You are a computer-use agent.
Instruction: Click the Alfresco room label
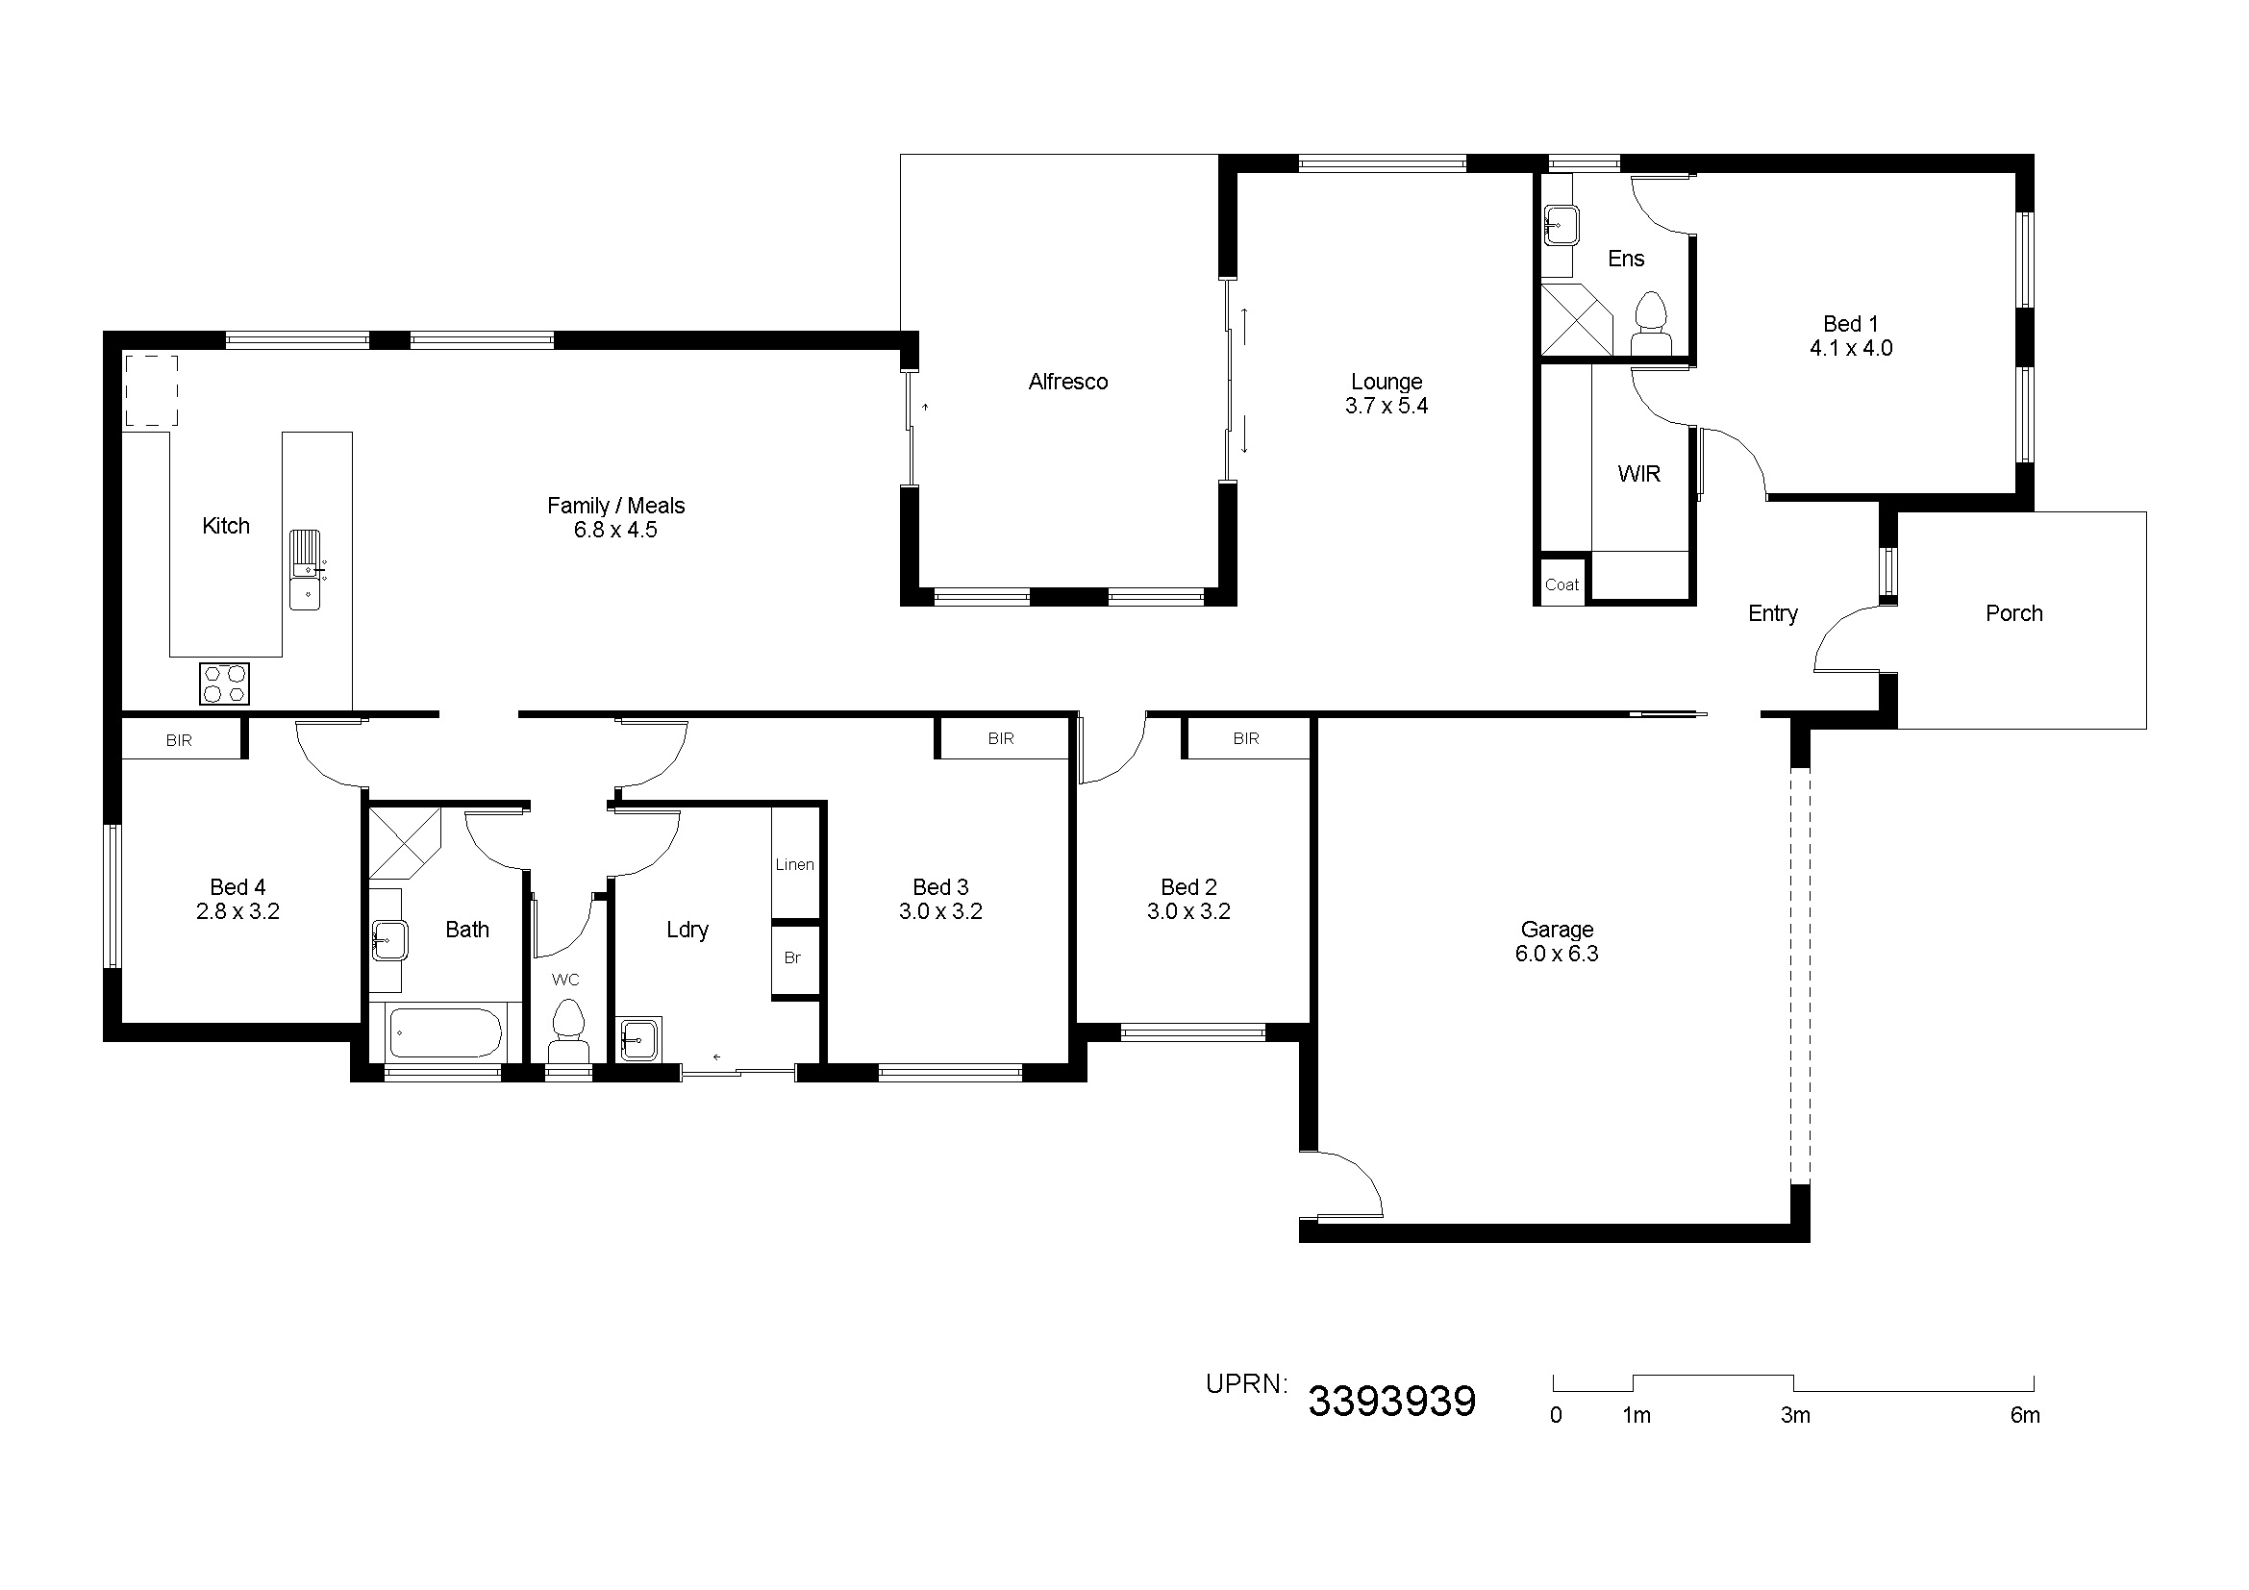coord(1067,382)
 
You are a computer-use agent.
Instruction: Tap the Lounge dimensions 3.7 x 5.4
coord(1387,407)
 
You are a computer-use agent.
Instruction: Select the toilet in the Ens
coord(1652,324)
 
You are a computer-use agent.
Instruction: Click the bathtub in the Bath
coord(446,1031)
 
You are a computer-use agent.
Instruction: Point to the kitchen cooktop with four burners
coord(224,683)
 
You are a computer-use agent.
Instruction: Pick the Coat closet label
coord(1562,585)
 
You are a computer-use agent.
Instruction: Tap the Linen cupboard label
coord(794,864)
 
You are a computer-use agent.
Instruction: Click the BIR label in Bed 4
coord(179,740)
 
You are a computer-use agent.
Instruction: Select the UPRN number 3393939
coord(1392,1402)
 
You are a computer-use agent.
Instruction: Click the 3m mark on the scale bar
coord(1794,1416)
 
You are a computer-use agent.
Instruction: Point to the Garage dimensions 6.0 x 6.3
coord(1557,954)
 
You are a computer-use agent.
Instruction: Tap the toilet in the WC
coord(568,1031)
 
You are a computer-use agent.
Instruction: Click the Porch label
coord(2014,614)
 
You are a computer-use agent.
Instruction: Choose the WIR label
coord(1638,474)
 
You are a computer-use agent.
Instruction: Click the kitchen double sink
coord(306,569)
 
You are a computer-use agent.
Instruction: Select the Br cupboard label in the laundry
coord(792,957)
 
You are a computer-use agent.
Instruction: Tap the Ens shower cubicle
coord(1576,319)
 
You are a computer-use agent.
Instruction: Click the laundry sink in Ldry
coord(639,1039)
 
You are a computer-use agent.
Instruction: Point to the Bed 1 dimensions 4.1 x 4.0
coord(1850,349)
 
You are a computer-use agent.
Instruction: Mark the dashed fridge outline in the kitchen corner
coord(151,390)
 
